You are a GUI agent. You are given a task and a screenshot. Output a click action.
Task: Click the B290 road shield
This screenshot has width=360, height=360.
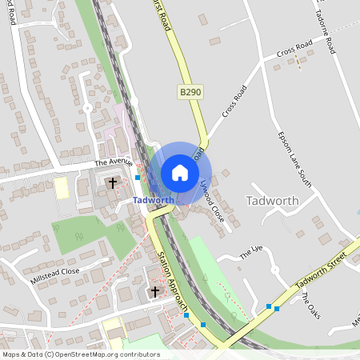tap(190, 94)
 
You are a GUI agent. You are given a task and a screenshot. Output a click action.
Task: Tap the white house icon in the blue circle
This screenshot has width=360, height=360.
tap(180, 172)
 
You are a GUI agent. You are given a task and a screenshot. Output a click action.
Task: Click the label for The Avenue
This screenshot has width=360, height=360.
tap(111, 162)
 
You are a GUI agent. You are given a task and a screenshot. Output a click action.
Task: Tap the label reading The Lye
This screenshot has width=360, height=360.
tap(251, 252)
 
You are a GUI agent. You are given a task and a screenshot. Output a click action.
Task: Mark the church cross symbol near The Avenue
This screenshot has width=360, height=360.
tap(113, 183)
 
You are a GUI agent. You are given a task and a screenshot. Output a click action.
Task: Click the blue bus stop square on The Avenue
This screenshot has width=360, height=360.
tap(138, 177)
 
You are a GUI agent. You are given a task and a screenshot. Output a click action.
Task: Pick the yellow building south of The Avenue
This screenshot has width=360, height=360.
tap(62, 189)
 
